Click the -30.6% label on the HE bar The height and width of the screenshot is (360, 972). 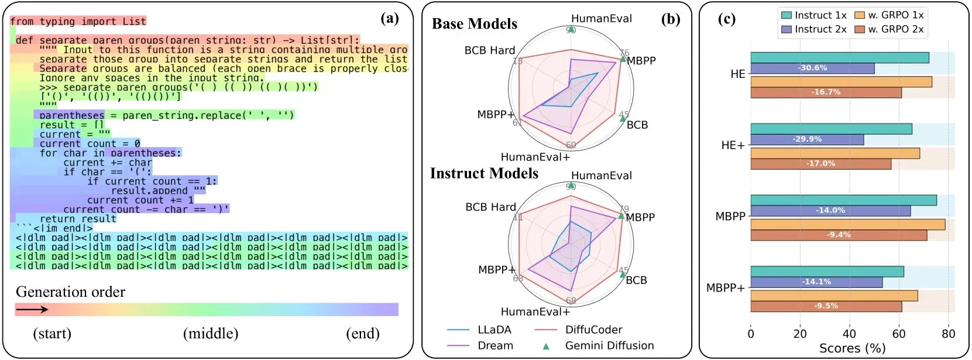[812, 68]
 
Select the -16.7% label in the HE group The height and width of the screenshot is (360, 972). [826, 92]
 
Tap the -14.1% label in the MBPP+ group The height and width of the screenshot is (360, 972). [816, 282]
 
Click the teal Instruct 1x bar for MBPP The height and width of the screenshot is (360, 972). [843, 200]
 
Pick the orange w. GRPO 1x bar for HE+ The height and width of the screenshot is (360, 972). [834, 153]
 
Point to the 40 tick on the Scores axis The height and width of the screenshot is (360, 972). [849, 334]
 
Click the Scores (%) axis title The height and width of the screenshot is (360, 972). [852, 348]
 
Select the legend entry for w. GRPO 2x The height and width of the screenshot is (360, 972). [889, 29]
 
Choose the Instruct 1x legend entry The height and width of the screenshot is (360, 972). [814, 15]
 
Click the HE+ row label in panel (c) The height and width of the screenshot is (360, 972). [733, 145]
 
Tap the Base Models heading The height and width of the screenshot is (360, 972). [475, 24]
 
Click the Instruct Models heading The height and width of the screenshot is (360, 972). [484, 173]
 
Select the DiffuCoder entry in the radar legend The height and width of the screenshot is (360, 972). [593, 330]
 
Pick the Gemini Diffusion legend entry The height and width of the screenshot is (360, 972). [609, 345]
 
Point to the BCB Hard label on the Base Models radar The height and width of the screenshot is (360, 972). [490, 50]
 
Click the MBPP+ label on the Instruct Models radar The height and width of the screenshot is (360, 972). [496, 270]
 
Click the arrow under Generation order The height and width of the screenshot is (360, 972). [32, 309]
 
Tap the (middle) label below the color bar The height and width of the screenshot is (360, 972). [211, 334]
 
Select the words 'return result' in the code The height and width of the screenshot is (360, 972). [78, 219]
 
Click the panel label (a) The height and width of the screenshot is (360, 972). [390, 19]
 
